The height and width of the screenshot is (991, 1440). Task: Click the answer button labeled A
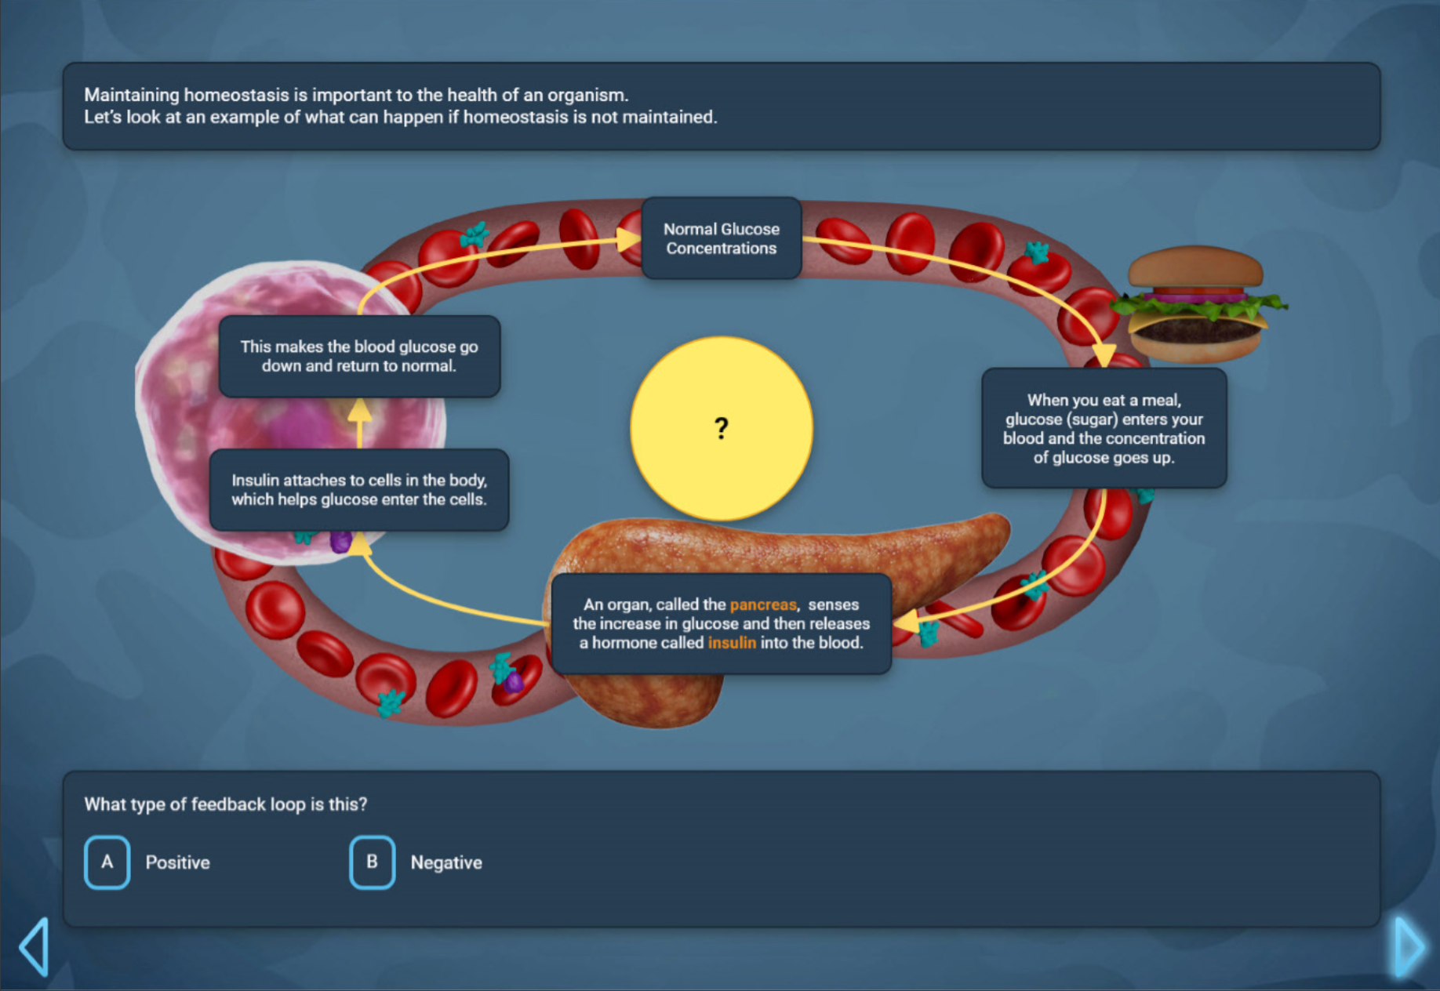point(107,862)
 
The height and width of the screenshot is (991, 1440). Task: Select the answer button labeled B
point(372,862)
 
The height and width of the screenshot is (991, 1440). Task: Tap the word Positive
point(178,862)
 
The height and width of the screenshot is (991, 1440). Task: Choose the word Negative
point(446,862)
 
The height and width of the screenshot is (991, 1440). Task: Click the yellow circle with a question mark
point(721,428)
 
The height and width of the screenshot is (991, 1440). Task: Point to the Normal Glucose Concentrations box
point(721,238)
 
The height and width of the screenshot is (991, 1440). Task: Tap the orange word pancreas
point(762,604)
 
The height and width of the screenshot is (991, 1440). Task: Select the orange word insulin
point(732,643)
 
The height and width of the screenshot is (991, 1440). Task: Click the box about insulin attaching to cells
point(358,490)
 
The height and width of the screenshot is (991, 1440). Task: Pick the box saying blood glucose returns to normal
point(358,357)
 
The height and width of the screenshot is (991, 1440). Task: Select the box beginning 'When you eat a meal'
point(1104,428)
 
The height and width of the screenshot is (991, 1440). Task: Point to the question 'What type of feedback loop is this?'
point(225,804)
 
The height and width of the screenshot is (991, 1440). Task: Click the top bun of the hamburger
point(1195,267)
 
